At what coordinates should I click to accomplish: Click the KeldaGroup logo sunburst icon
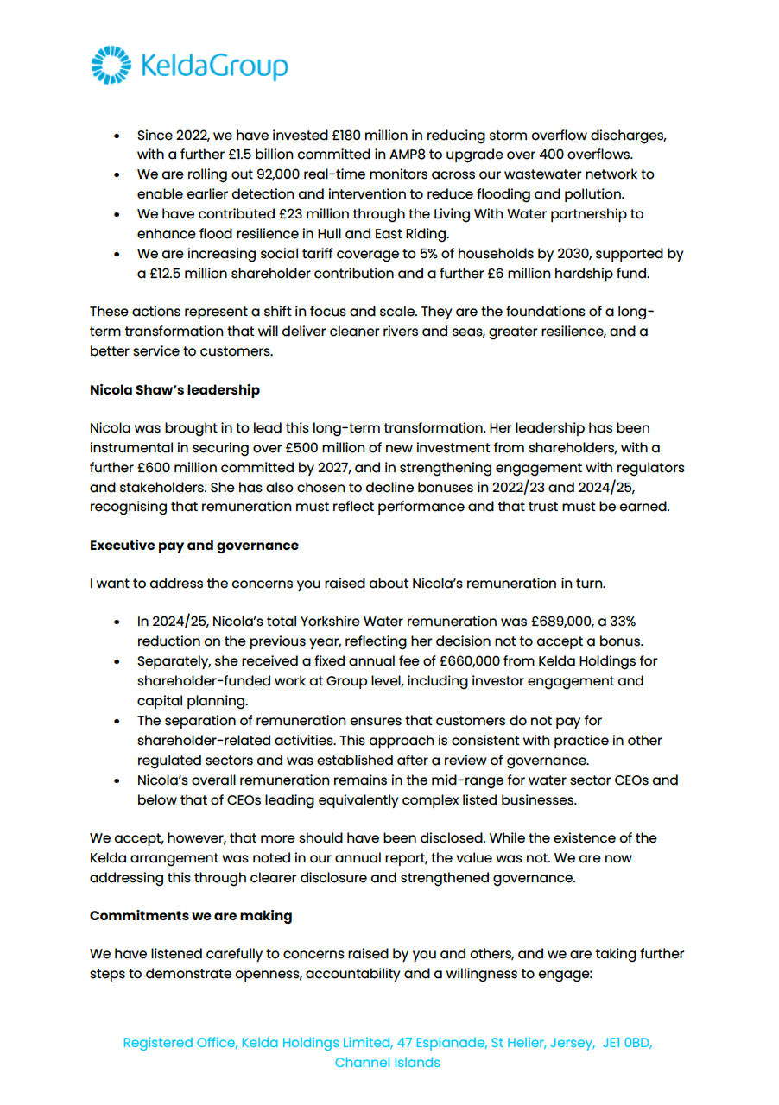click(x=110, y=66)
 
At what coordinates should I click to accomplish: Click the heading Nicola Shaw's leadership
click(x=174, y=390)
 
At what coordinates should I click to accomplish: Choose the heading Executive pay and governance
click(x=193, y=546)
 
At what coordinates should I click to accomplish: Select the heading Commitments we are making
click(x=190, y=916)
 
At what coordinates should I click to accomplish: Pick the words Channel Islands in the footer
click(x=388, y=1063)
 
